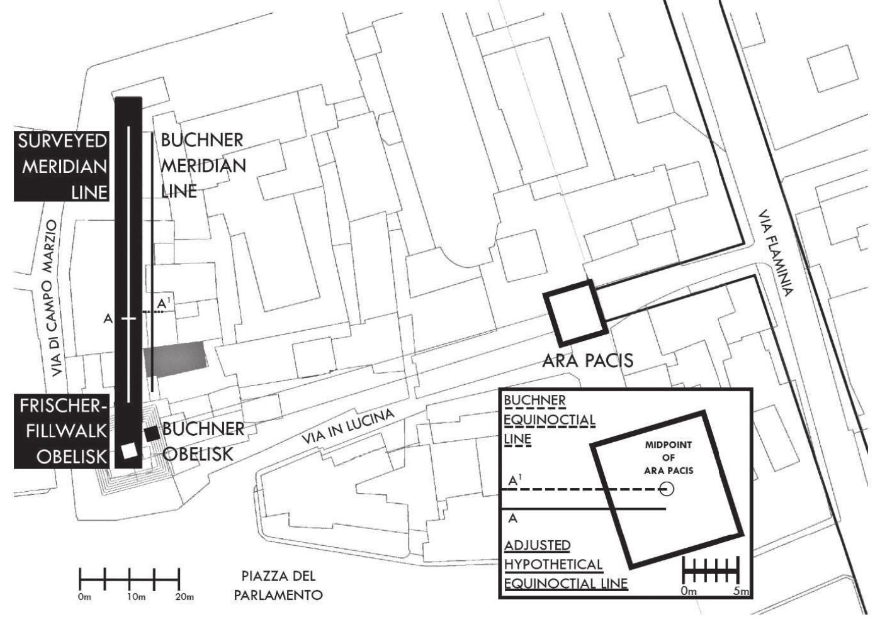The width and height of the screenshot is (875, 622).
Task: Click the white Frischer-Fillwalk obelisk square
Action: coord(130,451)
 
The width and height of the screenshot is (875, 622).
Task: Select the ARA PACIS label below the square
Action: coord(587,360)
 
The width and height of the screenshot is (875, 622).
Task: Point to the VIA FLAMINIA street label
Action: coord(776,252)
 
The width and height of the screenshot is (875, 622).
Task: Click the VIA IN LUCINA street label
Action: coord(347,426)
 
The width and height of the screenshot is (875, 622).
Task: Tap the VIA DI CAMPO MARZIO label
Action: coord(55,298)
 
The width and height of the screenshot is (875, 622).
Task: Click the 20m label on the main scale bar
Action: coord(183,596)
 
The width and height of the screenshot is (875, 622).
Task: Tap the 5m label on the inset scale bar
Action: coord(741,591)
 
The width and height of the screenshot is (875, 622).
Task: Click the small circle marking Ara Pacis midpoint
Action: coord(666,489)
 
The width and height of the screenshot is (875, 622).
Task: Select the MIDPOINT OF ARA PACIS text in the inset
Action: coord(668,457)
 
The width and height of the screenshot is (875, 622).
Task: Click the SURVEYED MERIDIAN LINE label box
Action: coord(62,166)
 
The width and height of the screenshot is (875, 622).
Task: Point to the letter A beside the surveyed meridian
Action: coord(108,319)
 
